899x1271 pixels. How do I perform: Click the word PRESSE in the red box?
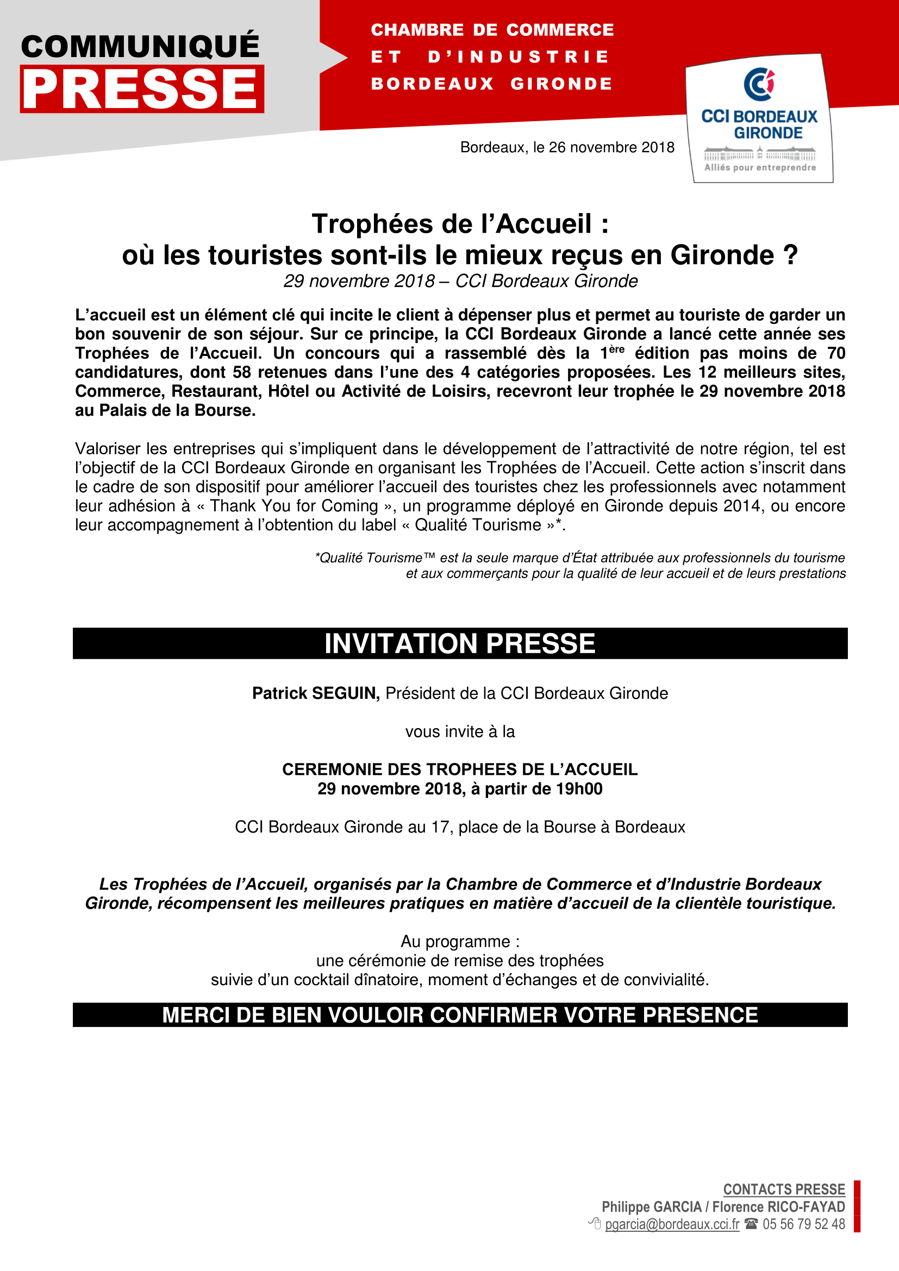(x=141, y=89)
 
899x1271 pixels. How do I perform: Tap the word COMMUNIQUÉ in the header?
(x=140, y=47)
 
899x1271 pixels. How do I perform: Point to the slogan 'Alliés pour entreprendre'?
(x=759, y=167)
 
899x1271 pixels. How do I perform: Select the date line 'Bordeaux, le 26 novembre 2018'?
(x=567, y=147)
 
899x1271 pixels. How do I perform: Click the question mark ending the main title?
(x=790, y=255)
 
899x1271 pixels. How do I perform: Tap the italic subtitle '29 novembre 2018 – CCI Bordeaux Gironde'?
(x=460, y=281)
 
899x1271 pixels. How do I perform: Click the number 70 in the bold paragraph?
(x=836, y=353)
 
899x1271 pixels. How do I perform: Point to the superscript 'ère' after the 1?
(x=616, y=349)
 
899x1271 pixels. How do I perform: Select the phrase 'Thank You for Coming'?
(x=294, y=506)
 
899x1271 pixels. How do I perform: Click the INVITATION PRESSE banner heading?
(x=459, y=644)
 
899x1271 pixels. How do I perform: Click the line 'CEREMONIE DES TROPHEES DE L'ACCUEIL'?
(x=459, y=769)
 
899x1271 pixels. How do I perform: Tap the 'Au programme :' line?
(x=459, y=942)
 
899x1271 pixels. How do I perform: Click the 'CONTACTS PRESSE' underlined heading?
(x=784, y=1189)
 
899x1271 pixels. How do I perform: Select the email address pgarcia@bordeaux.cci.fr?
(x=672, y=1224)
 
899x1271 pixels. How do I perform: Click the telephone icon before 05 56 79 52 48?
(x=751, y=1223)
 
